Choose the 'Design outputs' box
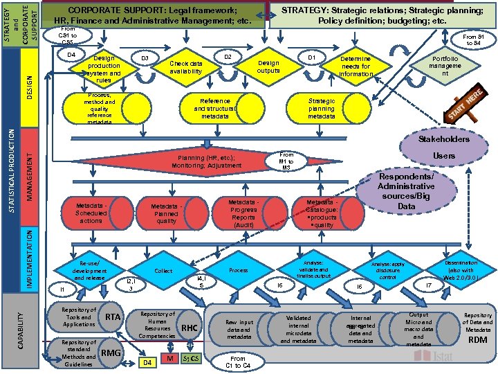(x=268, y=66)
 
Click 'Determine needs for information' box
(x=356, y=66)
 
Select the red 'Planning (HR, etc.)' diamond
(x=207, y=161)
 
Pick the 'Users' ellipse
(x=443, y=156)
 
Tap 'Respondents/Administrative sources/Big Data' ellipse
(x=406, y=191)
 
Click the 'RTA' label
(x=113, y=317)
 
